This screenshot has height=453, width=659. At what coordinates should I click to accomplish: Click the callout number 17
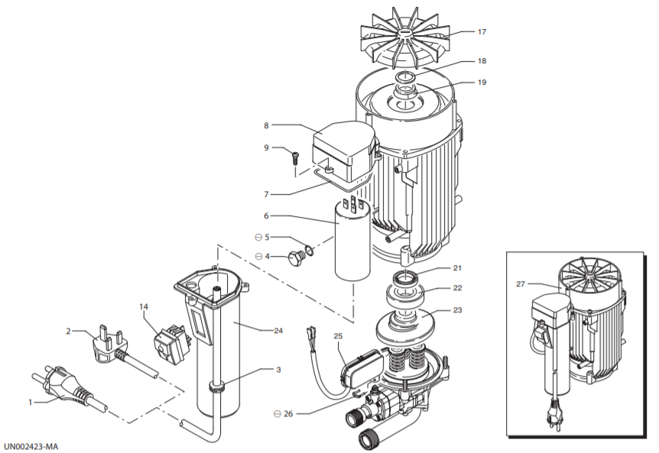click(482, 32)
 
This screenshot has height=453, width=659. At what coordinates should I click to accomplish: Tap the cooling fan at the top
click(406, 35)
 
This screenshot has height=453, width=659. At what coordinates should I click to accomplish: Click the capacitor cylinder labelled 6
click(352, 241)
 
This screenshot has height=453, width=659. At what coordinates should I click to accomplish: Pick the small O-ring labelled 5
click(309, 251)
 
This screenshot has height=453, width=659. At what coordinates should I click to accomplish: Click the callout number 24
click(278, 331)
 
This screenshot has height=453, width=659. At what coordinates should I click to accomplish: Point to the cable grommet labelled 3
click(216, 386)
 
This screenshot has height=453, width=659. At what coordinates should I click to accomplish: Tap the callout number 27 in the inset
click(521, 284)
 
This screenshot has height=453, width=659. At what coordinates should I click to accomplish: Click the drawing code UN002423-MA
click(31, 446)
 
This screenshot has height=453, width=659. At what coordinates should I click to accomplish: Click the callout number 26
click(288, 414)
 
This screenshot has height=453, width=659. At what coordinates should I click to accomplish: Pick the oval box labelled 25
click(362, 368)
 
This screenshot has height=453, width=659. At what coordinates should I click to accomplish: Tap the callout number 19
click(482, 83)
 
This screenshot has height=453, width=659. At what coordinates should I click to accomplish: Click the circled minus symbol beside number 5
click(258, 238)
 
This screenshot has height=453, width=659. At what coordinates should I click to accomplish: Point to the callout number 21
click(457, 268)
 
